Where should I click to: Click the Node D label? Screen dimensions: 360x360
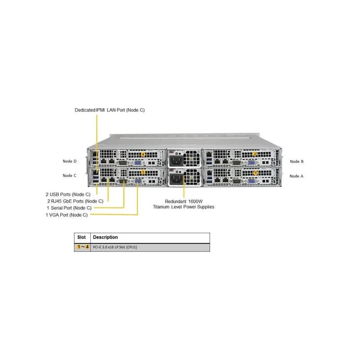click(x=70, y=161)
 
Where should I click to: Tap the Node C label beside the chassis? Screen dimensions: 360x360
click(x=69, y=175)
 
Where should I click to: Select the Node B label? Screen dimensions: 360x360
click(x=297, y=162)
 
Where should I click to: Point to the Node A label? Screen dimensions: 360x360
click(x=297, y=176)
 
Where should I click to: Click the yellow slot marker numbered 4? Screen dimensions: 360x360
click(x=143, y=154)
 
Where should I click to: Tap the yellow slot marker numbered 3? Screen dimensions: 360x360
click(x=143, y=172)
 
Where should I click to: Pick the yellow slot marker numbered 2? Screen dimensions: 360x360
click(x=255, y=154)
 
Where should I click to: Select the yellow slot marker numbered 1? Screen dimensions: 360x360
click(x=256, y=173)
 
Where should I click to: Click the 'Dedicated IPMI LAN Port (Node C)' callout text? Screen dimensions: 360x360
click(x=110, y=110)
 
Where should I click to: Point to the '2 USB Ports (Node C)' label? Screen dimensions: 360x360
click(x=68, y=194)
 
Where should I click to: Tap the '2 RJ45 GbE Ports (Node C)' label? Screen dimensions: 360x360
click(x=75, y=201)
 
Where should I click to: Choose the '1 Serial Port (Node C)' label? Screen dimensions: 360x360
click(x=69, y=208)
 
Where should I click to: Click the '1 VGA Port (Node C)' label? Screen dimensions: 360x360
click(x=67, y=215)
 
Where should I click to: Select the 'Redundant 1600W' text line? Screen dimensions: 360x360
click(x=184, y=201)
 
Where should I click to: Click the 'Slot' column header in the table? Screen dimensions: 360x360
click(x=81, y=237)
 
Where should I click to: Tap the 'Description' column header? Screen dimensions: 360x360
click(x=105, y=237)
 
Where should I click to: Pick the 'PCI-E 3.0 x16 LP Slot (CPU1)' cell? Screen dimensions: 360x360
click(x=115, y=247)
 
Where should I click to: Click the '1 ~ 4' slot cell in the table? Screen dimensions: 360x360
click(x=83, y=247)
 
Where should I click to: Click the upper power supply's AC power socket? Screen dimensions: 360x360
click(x=176, y=161)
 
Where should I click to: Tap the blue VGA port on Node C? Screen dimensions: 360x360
click(x=138, y=181)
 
